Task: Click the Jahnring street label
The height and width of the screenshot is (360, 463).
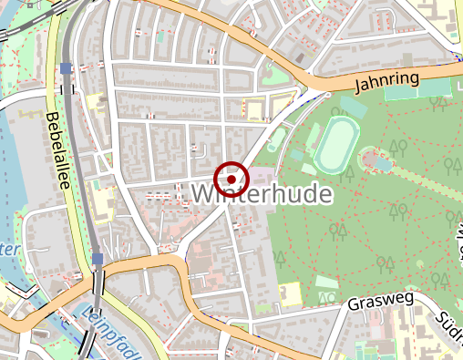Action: click(x=389, y=83)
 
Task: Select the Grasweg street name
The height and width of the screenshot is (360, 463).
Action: click(x=381, y=300)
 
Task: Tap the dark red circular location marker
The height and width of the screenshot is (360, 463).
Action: click(x=231, y=179)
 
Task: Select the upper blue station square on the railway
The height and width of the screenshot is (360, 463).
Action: click(x=66, y=68)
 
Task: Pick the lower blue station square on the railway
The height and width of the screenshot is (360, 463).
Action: click(x=98, y=259)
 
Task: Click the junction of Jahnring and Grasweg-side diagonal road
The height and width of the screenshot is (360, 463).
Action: click(x=324, y=91)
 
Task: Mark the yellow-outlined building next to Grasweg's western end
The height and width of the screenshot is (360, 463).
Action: click(x=291, y=293)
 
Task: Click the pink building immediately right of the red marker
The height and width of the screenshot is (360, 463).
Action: click(x=263, y=174)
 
